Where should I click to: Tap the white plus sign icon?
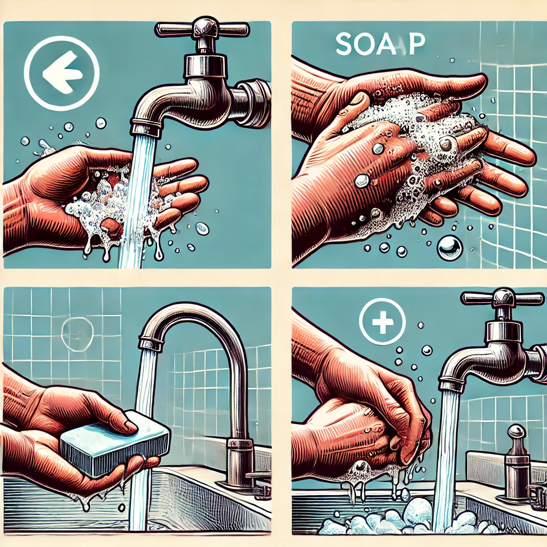(x=382, y=321)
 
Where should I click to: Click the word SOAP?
(x=380, y=45)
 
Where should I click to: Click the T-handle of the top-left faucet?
(x=202, y=28)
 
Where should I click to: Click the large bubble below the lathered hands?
(x=450, y=248)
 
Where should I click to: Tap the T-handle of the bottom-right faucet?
(x=502, y=297)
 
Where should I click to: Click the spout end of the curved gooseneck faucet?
(x=151, y=343)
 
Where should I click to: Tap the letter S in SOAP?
(x=345, y=45)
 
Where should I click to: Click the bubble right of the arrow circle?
(x=101, y=123)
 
